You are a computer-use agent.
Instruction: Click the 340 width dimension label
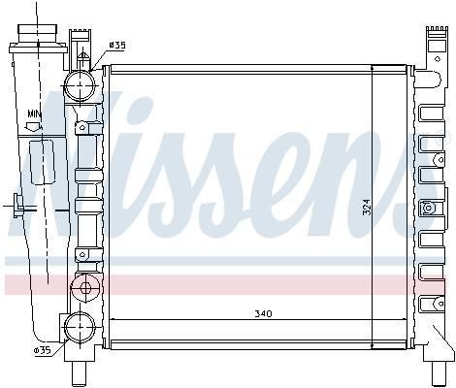click(263, 313)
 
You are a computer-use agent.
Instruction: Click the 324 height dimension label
click(367, 207)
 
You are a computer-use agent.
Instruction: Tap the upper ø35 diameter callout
click(116, 46)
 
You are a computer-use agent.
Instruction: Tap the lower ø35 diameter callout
click(43, 350)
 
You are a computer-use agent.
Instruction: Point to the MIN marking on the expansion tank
click(34, 113)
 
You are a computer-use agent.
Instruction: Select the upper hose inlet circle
click(80, 85)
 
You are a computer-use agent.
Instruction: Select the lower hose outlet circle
click(80, 327)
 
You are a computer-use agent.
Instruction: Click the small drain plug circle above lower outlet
click(85, 287)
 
